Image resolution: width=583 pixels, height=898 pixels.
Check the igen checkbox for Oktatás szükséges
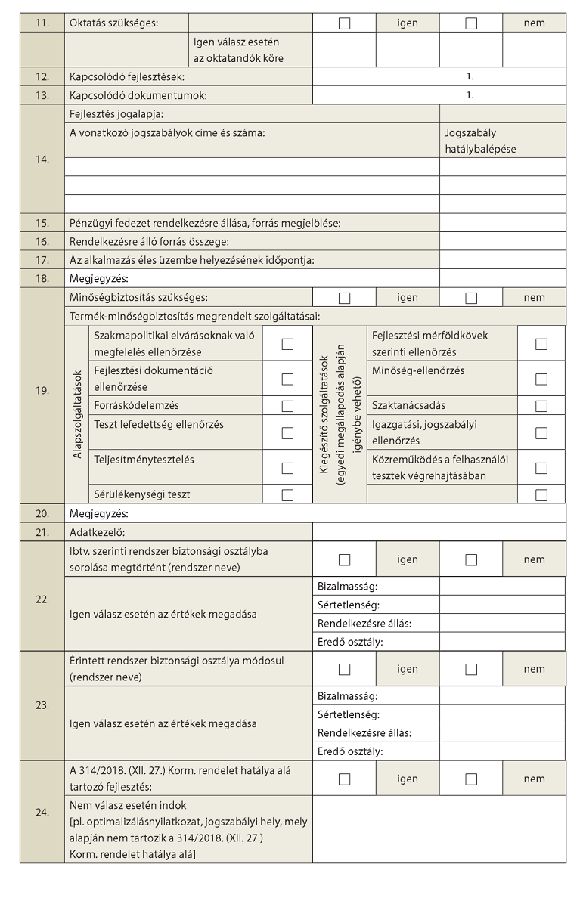pos(344,23)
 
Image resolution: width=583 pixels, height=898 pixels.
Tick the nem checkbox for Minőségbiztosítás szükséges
pos(471,298)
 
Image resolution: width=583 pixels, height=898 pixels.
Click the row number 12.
pos(42,77)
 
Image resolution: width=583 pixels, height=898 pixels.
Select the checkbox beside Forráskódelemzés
pos(287,406)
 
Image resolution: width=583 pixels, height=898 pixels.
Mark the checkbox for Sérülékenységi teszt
pos(287,495)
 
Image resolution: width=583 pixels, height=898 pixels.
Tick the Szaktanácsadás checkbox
pos(541,406)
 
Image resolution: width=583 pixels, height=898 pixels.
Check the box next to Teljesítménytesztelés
pos(287,468)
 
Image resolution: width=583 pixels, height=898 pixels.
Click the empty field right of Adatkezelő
pos(439,532)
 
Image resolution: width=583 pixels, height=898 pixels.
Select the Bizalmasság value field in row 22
pos(502,587)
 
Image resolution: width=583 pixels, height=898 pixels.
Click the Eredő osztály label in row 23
pos(350,751)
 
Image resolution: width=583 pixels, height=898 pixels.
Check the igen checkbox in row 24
pos(344,779)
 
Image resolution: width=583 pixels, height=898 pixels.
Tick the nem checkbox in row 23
pos(471,669)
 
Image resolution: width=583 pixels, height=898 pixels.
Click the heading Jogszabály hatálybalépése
pos(480,141)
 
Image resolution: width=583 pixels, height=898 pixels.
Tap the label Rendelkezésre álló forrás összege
pos(148,242)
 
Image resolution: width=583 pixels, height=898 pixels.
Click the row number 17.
pos(42,260)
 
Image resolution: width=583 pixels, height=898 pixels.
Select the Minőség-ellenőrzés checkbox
pos(541,379)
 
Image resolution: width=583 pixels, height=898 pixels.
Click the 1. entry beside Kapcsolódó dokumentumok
pos(470,96)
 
